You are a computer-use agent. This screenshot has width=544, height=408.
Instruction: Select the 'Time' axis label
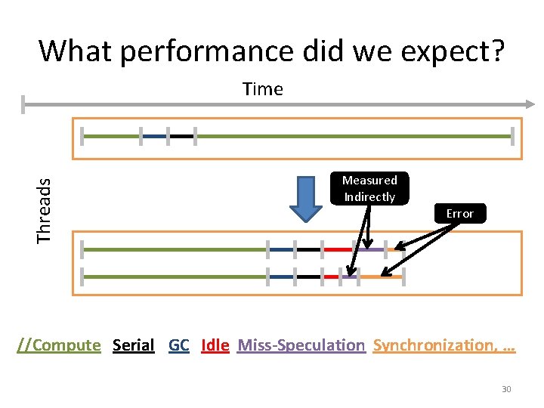click(263, 89)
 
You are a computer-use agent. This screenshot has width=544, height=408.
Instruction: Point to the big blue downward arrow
click(307, 199)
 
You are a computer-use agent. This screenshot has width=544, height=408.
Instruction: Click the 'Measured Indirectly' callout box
click(369, 189)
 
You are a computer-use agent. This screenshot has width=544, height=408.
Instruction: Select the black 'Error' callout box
click(459, 214)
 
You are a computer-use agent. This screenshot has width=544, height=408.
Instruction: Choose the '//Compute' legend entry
click(59, 345)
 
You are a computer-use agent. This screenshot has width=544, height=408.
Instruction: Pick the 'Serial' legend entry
click(133, 345)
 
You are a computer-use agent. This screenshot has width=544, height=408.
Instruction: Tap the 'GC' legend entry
click(179, 345)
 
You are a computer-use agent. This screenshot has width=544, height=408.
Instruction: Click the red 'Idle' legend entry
click(215, 345)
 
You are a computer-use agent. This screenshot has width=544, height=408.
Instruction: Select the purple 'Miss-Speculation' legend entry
click(301, 345)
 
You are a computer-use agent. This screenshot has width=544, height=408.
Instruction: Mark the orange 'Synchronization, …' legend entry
click(444, 345)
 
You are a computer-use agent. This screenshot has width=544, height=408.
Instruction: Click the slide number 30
click(506, 389)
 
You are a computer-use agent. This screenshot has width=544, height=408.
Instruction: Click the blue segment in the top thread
click(154, 137)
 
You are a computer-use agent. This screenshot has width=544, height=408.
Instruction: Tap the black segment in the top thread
click(181, 137)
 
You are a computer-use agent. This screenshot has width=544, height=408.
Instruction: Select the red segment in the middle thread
click(338, 249)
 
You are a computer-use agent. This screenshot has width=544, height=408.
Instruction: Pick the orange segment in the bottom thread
click(381, 277)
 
